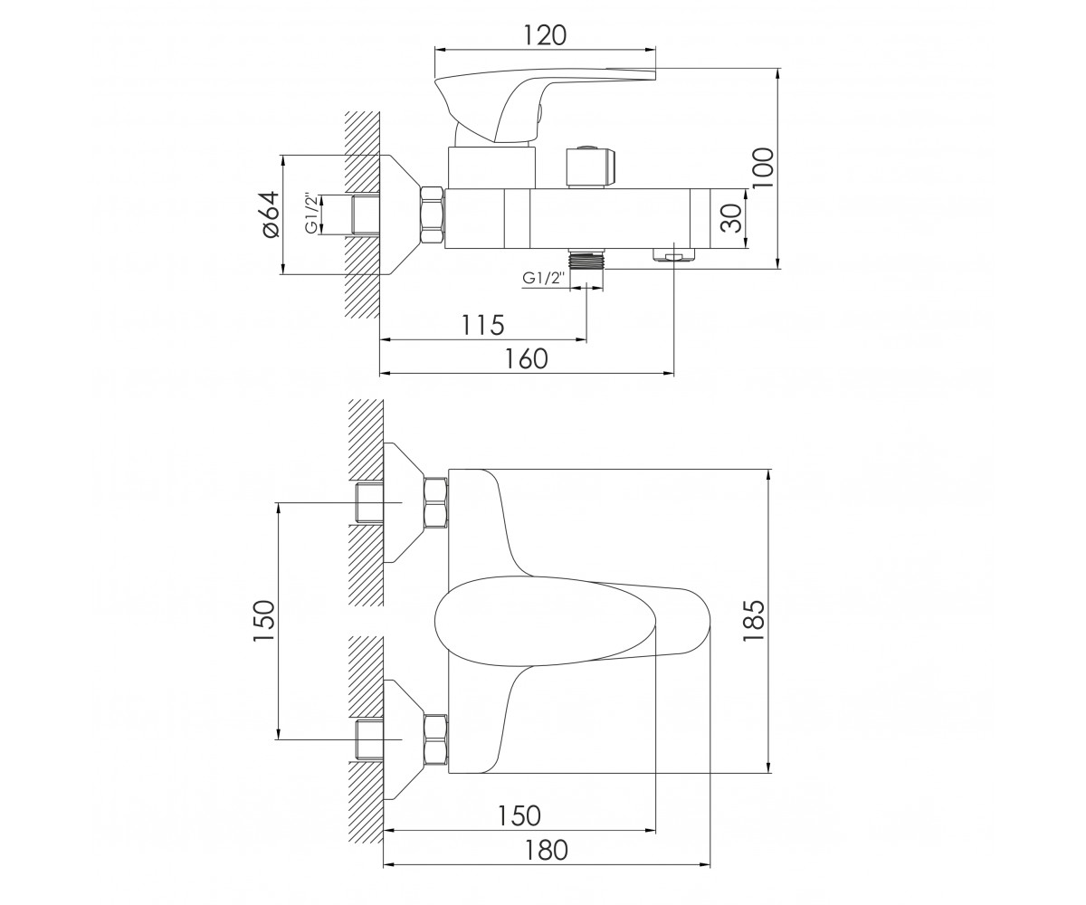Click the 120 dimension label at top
pos(544,35)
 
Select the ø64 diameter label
pos(271,214)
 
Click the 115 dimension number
pos(483,326)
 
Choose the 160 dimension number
pos(527,359)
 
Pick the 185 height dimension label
pos(753,621)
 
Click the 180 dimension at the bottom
pos(546,851)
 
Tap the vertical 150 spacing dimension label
pos(263,621)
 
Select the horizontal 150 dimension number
pos(519,815)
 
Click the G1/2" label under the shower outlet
pos(544,278)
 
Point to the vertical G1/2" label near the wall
pos(311,214)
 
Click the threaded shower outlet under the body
pos(586,259)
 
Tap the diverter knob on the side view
pos(590,167)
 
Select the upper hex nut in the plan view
pos(436,502)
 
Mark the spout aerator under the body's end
pos(673,255)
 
